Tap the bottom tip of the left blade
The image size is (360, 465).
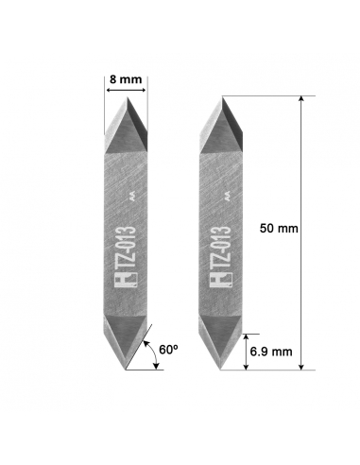126,370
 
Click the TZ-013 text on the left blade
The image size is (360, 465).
126,247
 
